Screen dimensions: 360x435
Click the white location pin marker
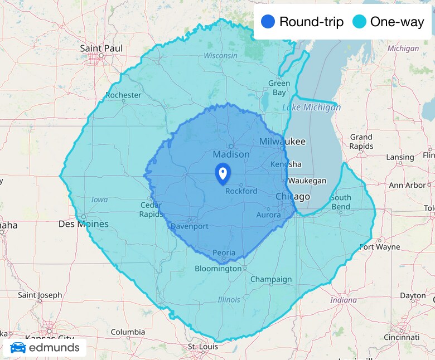pos(223,173)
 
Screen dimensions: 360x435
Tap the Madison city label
pos(231,154)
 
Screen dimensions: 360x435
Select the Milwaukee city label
pos(282,142)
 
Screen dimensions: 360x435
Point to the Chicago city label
pos(293,197)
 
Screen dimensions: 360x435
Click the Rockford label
pos(241,191)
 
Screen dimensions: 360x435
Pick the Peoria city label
pos(224,252)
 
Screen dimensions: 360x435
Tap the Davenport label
pos(189,226)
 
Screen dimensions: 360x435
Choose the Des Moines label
pos(84,224)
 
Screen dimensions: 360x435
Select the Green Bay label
pos(279,87)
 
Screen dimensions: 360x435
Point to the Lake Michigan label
pos(311,107)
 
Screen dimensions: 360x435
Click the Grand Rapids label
pos(361,142)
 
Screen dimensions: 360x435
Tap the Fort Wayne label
pos(380,246)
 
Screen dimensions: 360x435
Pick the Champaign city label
pos(270,279)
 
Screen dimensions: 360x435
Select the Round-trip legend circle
pos(268,22)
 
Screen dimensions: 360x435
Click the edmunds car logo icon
pos(18,348)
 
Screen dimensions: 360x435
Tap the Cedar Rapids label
pos(151,210)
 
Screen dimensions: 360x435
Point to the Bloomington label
pos(218,269)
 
